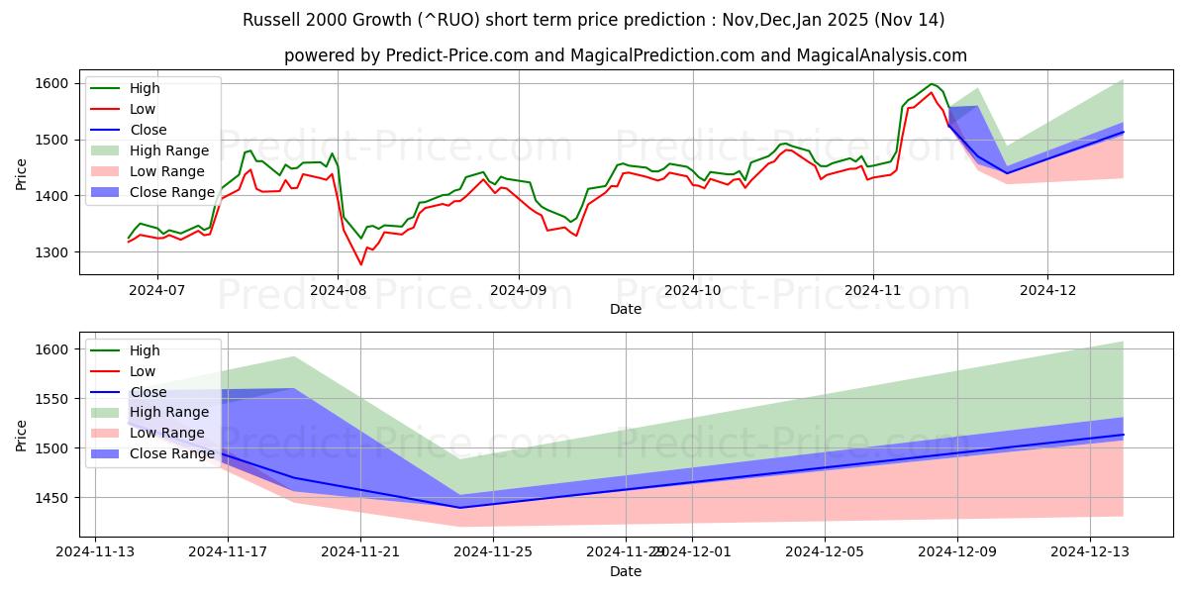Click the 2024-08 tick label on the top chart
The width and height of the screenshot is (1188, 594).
coord(338,290)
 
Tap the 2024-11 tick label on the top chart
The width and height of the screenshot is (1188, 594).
coord(872,290)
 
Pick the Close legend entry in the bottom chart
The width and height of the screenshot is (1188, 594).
coord(148,392)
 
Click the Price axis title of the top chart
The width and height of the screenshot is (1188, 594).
coord(21,173)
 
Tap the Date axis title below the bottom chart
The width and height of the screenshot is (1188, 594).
coord(625,571)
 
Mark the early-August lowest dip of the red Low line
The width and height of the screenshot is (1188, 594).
coord(360,264)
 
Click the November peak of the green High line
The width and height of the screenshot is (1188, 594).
coord(932,84)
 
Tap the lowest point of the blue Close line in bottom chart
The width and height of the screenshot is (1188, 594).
coord(459,508)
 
